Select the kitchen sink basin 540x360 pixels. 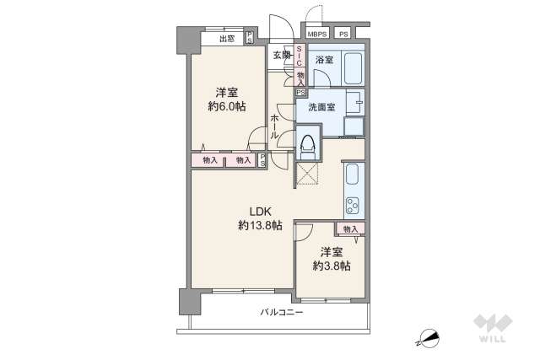[x=353, y=177]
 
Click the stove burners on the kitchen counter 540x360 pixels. [x=353, y=205]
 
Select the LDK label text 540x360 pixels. [x=258, y=211]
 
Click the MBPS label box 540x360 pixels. [x=317, y=34]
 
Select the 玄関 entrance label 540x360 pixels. [x=282, y=56]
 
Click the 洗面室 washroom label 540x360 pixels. [x=321, y=106]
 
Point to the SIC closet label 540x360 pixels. [x=300, y=56]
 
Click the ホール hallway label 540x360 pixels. [x=275, y=127]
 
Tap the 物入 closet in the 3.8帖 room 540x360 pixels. [x=350, y=228]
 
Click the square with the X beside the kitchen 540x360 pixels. [x=307, y=174]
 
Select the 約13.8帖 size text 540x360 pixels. [x=258, y=225]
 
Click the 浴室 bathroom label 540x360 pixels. [x=325, y=60]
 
